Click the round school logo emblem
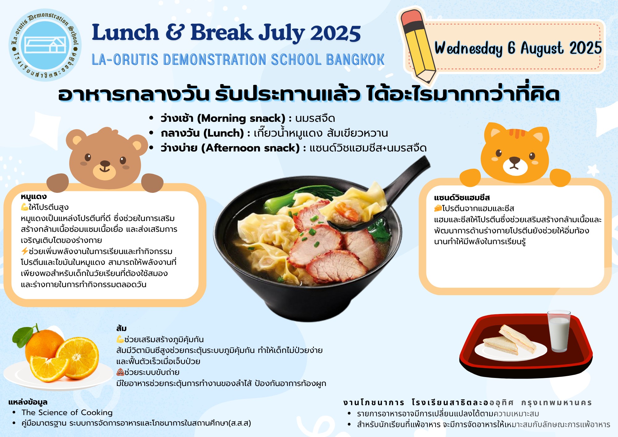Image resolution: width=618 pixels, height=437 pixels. [45, 45]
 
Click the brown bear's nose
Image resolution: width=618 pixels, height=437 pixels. [105, 163]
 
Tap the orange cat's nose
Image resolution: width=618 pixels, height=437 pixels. [514, 160]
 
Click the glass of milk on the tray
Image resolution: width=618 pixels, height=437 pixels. [559, 331]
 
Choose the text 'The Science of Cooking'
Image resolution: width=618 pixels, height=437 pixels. [67, 412]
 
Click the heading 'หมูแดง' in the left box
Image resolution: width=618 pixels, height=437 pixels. [34, 197]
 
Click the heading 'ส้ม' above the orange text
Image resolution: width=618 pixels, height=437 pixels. [121, 328]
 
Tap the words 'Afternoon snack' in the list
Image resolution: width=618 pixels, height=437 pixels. [251, 148]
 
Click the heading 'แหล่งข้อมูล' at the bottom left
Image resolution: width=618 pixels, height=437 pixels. [28, 402]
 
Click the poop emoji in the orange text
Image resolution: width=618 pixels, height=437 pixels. [120, 372]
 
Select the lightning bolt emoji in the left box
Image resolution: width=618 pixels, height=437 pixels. [25, 251]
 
